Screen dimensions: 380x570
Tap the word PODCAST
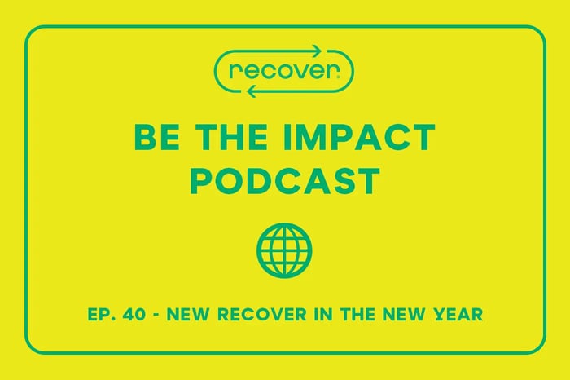coord(284,179)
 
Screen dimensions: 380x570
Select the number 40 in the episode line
coord(143,315)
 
